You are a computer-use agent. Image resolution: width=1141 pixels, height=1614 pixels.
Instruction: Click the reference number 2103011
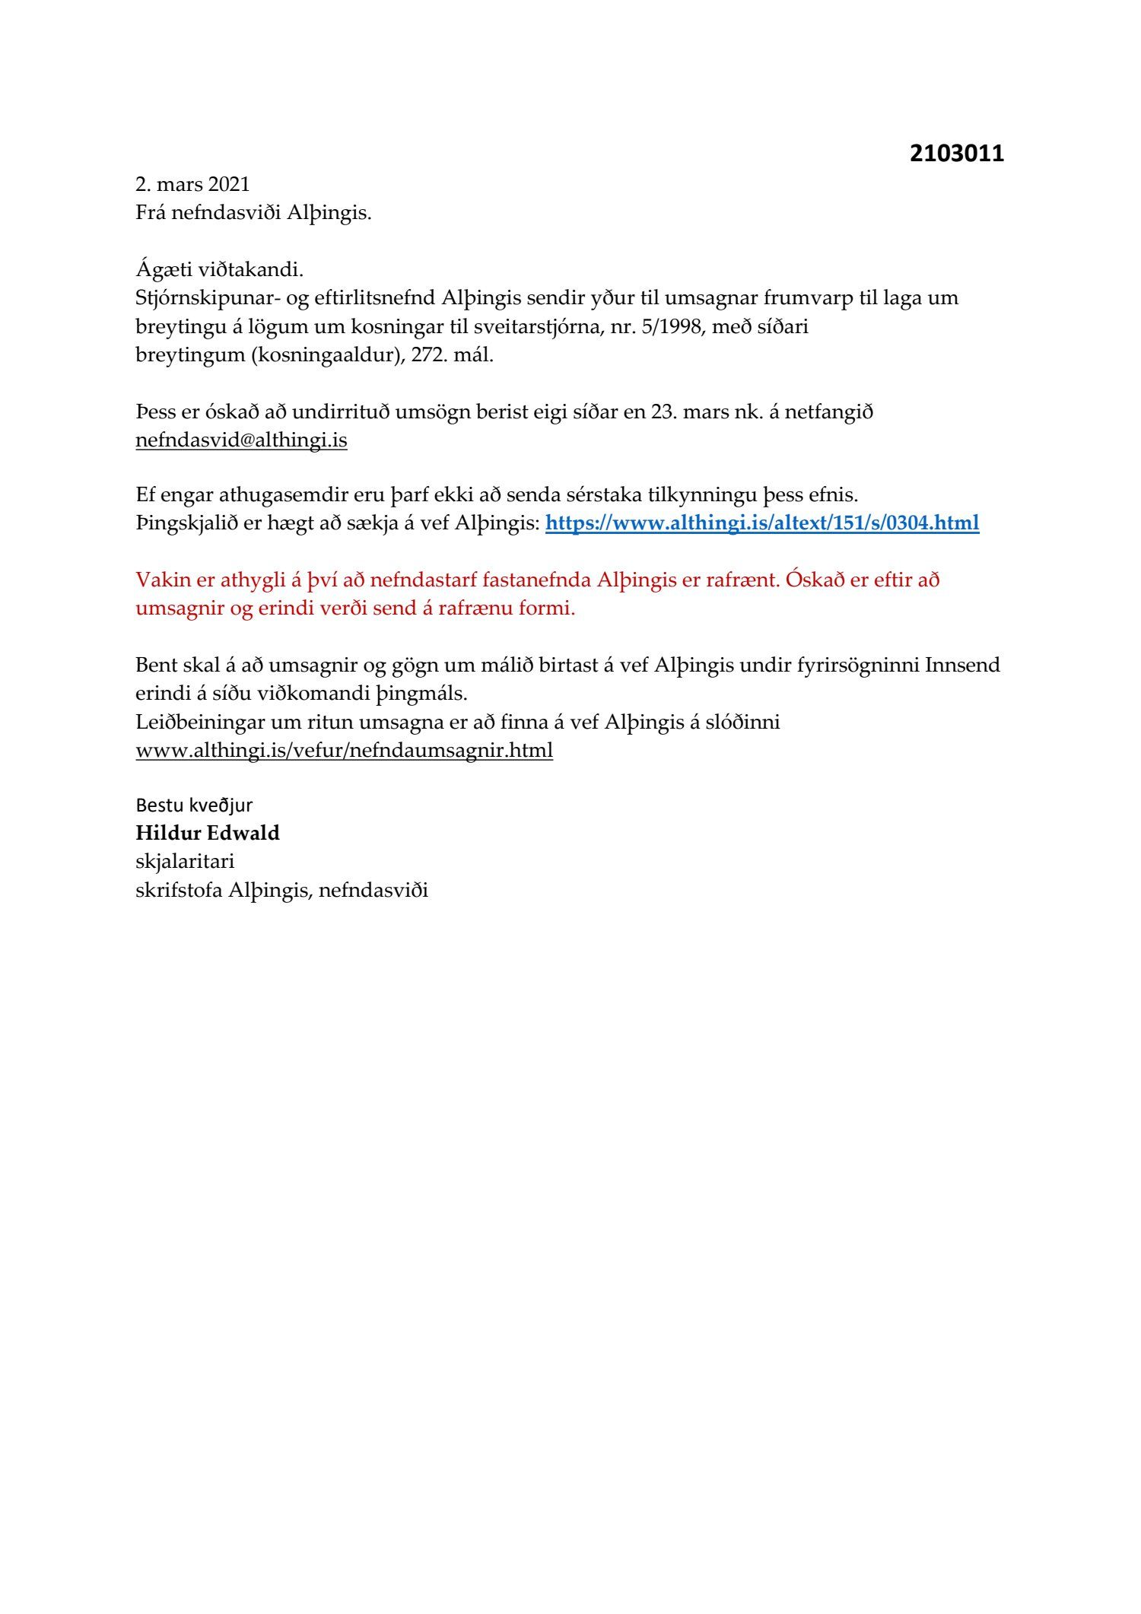(x=956, y=154)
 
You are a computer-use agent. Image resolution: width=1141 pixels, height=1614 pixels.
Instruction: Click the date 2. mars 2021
(x=192, y=185)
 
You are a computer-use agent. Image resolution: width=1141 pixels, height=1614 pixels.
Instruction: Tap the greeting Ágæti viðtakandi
(x=220, y=269)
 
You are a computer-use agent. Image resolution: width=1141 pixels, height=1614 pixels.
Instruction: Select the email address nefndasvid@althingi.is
(x=241, y=440)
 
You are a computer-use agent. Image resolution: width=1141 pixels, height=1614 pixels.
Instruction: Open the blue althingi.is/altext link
(x=762, y=523)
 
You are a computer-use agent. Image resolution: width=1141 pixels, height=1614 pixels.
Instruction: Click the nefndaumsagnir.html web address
(x=344, y=751)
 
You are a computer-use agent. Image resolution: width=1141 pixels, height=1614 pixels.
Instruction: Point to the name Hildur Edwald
(x=208, y=833)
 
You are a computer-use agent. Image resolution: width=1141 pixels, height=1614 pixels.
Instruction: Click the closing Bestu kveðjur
(x=194, y=805)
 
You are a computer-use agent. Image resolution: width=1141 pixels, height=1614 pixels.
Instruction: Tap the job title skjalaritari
(x=185, y=861)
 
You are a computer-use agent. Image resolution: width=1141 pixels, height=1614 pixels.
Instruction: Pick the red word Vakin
(x=162, y=580)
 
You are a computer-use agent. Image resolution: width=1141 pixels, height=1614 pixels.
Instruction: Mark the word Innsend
(x=962, y=666)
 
